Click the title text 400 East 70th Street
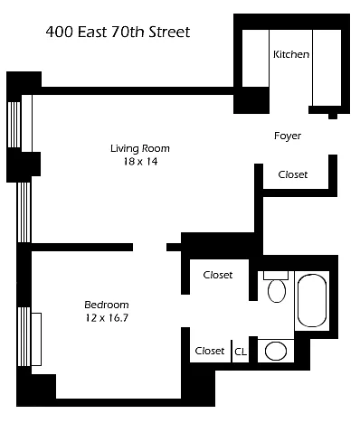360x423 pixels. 118,32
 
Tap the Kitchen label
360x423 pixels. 291,54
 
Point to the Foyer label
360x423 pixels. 288,136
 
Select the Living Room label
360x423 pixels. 140,148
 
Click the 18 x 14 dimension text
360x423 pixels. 140,162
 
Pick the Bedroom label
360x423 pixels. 107,305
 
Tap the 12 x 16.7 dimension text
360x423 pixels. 107,318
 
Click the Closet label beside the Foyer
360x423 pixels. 293,174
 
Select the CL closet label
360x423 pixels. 241,352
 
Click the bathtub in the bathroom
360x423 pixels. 312,301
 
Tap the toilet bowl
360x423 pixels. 277,291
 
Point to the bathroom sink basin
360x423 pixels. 276,351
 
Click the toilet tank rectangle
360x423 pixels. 276,276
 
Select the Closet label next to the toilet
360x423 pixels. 218,275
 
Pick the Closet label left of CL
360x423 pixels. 210,351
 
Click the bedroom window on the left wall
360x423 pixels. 24,336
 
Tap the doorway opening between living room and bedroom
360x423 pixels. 149,247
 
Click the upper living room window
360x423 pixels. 14,125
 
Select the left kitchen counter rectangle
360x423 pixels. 256,58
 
